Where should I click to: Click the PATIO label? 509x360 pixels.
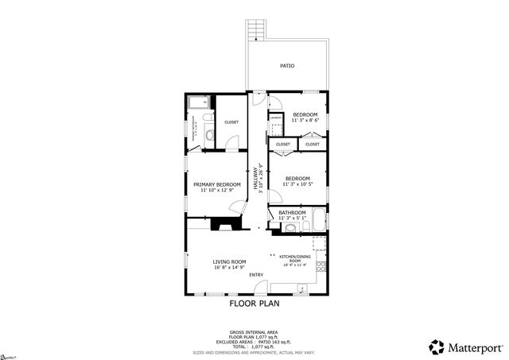(x=287, y=66)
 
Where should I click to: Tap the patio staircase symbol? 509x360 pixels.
(x=255, y=29)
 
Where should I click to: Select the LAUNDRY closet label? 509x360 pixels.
(x=274, y=118)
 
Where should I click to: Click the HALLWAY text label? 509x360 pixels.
(x=257, y=176)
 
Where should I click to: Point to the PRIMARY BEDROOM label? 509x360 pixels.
(x=216, y=184)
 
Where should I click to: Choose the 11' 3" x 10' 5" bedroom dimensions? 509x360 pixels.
(x=297, y=184)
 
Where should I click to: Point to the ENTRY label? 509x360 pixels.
(x=256, y=275)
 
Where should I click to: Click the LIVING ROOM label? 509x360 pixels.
(x=228, y=261)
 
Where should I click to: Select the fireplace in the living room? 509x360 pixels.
(x=223, y=224)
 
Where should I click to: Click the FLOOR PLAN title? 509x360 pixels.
(x=254, y=303)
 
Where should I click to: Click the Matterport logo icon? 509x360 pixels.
(x=437, y=346)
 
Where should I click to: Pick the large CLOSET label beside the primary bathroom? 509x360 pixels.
(x=231, y=122)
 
